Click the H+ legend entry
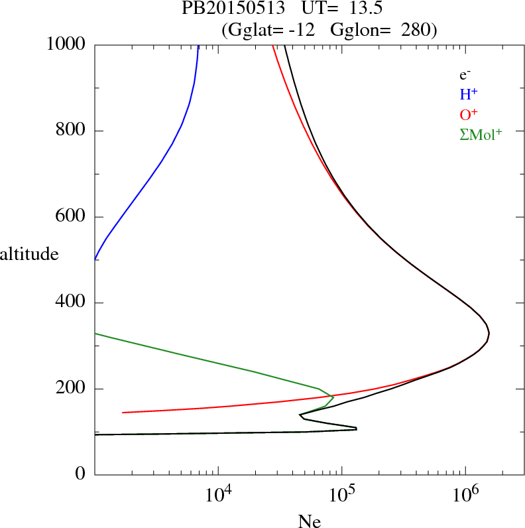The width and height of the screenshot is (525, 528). [x=469, y=94]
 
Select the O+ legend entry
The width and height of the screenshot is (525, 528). [x=469, y=114]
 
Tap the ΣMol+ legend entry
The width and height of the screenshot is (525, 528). [x=481, y=134]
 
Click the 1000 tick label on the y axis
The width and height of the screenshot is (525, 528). [x=66, y=44]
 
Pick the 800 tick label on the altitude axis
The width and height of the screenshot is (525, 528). [x=72, y=131]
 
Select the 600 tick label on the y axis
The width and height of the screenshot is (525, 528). [x=72, y=217]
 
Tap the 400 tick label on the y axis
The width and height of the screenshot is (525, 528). [x=72, y=303]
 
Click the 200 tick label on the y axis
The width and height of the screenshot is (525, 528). [x=72, y=389]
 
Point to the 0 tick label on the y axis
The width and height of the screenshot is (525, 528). [x=81, y=475]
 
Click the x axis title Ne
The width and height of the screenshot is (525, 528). [x=310, y=521]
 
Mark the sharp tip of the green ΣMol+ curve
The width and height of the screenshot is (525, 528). [x=333, y=397]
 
